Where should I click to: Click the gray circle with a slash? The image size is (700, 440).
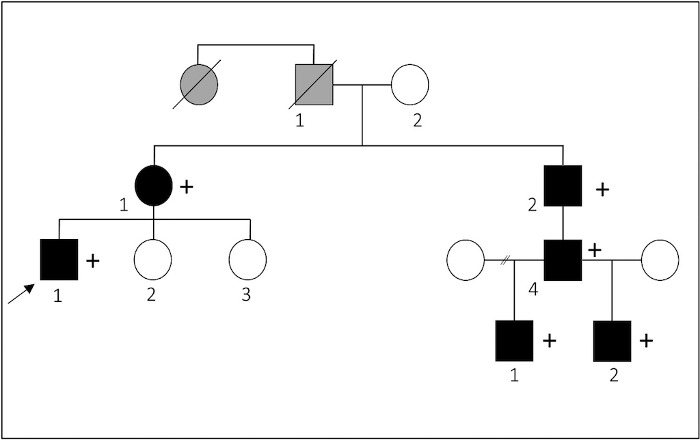[x=199, y=85]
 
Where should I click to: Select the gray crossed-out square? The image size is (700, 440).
[x=314, y=85]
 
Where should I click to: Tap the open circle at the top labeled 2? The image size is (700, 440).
[x=409, y=85]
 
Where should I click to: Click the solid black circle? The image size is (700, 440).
[x=153, y=186]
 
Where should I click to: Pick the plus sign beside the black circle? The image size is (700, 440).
[x=185, y=187]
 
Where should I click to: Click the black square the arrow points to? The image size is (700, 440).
[x=59, y=260]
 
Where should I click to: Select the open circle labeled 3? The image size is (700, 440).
[x=247, y=260]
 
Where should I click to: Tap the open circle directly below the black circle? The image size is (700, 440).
[x=152, y=260]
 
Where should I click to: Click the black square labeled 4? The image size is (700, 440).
[x=563, y=260]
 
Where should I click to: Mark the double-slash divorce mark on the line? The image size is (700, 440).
[x=505, y=260]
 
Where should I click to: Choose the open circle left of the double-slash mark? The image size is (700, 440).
[x=466, y=260]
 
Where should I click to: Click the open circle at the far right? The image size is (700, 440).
[x=660, y=260]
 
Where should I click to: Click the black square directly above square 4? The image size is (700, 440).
[x=563, y=186]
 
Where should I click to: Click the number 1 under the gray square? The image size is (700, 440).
[x=298, y=122]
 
